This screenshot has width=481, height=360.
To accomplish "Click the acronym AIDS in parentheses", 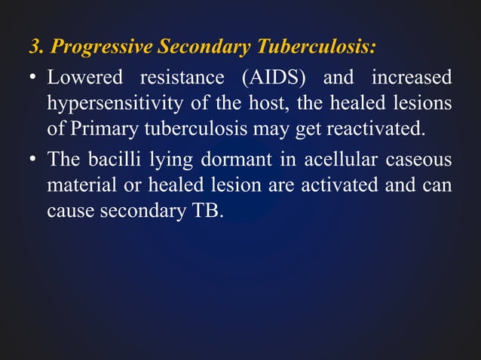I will click(275, 78).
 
